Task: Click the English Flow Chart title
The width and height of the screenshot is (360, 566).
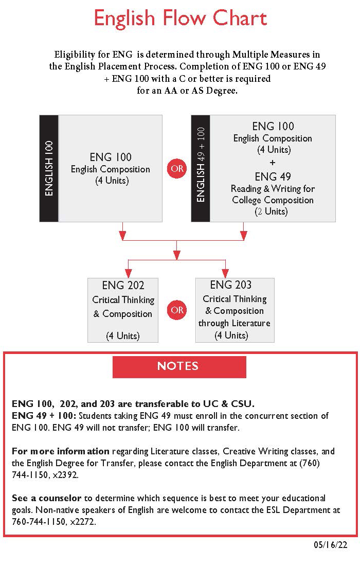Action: click(181, 18)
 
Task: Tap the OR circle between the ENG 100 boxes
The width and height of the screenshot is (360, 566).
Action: click(177, 168)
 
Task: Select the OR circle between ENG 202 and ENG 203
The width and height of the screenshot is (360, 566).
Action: click(177, 310)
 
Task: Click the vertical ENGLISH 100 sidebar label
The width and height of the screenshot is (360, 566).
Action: click(49, 168)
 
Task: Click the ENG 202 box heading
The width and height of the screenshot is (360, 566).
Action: click(123, 285)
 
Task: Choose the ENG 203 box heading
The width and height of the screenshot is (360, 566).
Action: click(231, 285)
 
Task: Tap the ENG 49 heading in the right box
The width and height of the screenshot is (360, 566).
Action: click(273, 176)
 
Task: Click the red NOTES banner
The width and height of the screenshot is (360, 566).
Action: click(179, 367)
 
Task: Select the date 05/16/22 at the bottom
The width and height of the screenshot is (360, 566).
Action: click(330, 545)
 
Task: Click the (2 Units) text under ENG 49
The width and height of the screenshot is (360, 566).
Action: click(271, 211)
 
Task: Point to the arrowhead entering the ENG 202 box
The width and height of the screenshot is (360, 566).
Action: click(129, 273)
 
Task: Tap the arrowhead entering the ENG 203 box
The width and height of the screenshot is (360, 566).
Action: click(225, 273)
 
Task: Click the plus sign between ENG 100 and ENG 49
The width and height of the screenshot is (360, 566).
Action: click(273, 163)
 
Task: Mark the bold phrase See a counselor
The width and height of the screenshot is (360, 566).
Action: click(46, 498)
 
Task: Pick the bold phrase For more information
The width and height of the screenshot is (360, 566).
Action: click(61, 451)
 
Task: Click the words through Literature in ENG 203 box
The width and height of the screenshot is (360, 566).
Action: click(234, 323)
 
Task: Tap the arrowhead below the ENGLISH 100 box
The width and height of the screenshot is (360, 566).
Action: click(122, 235)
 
